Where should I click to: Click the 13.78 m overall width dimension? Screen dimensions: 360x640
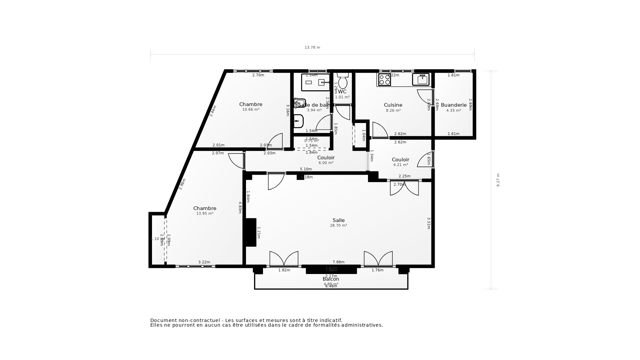(312, 48)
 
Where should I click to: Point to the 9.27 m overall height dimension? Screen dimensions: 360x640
(498, 180)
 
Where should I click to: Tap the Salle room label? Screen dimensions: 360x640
(338, 220)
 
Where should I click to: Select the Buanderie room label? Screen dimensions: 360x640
(454, 105)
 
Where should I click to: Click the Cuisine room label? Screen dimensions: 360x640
(393, 105)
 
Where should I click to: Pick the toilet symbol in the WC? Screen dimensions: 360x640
(343, 81)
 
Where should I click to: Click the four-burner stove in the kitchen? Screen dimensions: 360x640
(384, 79)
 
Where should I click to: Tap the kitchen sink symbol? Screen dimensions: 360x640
(421, 79)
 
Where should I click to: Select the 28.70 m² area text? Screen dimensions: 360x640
(338, 226)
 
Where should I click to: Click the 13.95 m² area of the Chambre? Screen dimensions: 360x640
(205, 214)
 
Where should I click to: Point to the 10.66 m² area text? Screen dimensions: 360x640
(251, 110)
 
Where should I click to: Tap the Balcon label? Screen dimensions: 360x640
(331, 279)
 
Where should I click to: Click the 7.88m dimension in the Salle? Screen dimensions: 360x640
(338, 262)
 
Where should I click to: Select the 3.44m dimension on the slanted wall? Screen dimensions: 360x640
(213, 111)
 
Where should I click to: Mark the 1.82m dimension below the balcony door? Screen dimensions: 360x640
(284, 270)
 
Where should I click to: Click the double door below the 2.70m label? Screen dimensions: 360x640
(404, 188)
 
